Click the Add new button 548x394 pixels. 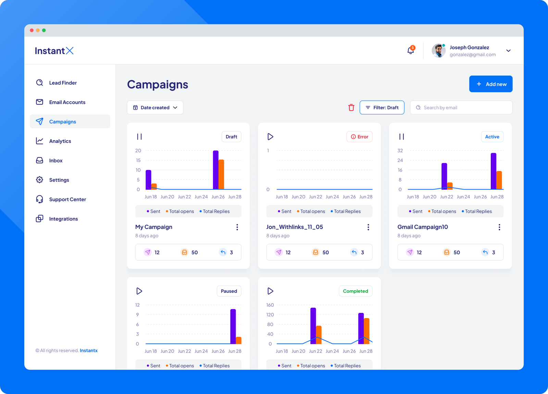[490, 84]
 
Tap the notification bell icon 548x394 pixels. [411, 51]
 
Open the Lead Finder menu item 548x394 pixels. [63, 83]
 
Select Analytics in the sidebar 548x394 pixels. [60, 141]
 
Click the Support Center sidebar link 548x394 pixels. [67, 199]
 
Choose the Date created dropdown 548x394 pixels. [155, 108]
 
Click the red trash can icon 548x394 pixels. [351, 108]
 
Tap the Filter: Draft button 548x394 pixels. [382, 108]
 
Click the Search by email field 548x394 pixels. [461, 108]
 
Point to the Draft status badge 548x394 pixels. [231, 137]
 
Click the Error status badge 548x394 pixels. [359, 137]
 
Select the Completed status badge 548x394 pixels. [355, 291]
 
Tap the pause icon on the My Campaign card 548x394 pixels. [139, 137]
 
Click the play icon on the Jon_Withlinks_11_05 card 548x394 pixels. [270, 137]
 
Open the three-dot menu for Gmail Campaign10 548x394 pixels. [499, 227]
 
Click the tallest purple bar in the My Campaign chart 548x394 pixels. [216, 170]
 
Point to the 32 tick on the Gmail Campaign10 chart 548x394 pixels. [400, 151]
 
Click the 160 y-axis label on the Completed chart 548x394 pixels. [270, 305]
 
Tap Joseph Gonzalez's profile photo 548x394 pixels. [438, 51]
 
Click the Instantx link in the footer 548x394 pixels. [89, 350]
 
